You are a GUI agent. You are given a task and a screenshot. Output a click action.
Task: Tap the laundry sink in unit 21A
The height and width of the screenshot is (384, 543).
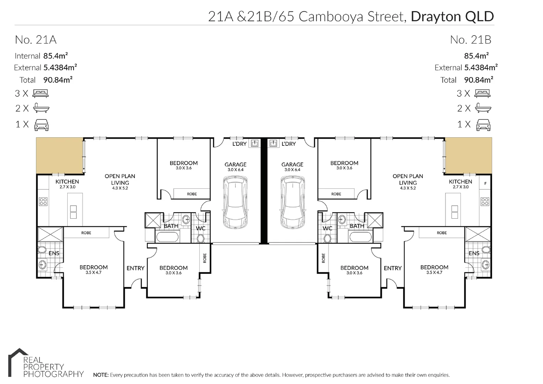coord(254,143)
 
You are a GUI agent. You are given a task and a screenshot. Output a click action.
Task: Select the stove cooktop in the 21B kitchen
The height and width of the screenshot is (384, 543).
coord(485,202)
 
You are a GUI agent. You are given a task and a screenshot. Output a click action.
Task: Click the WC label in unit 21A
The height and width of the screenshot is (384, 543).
coord(201,228)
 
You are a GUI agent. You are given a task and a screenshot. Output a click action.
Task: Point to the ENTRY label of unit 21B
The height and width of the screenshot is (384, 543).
coord(392,268)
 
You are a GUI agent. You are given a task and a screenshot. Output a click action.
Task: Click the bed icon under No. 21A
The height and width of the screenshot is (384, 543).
coord(41,94)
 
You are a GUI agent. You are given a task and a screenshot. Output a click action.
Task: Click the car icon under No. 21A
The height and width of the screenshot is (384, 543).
coord(41,124)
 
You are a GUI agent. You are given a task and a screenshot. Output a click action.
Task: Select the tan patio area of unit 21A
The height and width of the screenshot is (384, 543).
coord(59,155)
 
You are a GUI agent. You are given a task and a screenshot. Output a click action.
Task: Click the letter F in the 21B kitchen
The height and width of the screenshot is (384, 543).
coord(485,183)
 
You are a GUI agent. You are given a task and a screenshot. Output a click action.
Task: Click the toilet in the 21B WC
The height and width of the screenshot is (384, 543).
coord(327,238)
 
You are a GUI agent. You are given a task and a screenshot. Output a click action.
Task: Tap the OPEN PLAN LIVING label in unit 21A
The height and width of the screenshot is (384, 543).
coord(120,180)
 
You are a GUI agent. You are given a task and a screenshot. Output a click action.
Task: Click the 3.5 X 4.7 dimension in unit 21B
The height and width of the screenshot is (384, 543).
coord(434,273)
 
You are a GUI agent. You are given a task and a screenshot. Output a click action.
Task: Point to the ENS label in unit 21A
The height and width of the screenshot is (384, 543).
coord(54,253)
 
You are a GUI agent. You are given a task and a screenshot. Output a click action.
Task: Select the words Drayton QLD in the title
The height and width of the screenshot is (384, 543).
coord(452,16)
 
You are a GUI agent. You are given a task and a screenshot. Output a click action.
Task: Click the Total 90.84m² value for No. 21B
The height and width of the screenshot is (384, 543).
coord(478,80)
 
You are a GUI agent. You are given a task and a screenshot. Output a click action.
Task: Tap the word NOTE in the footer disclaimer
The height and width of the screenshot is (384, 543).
coord(100,375)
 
